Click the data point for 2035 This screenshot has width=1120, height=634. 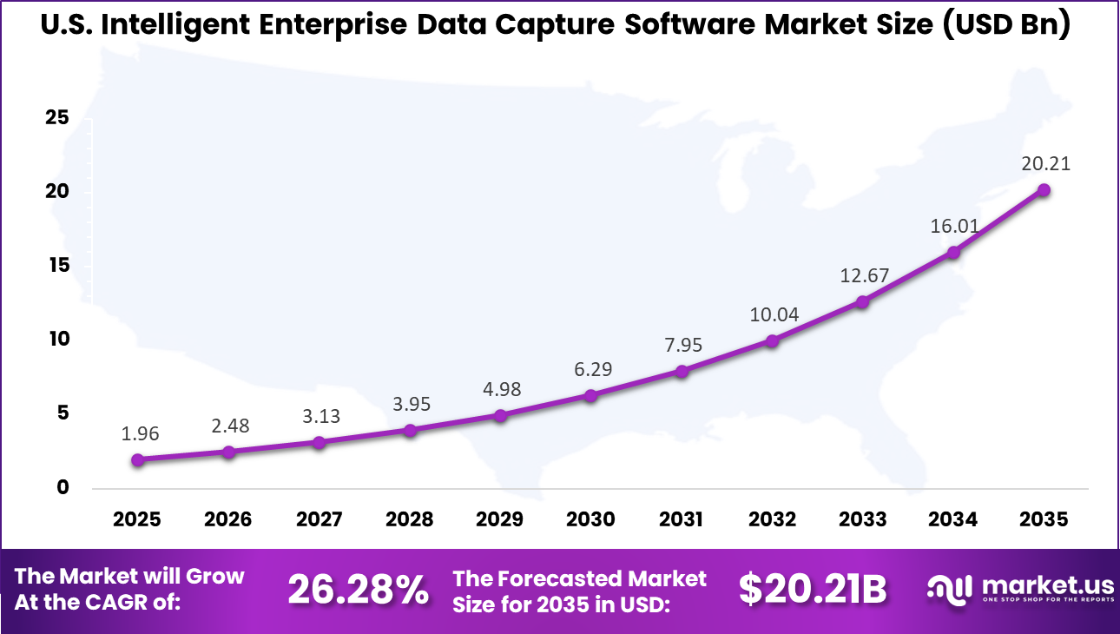click(x=1044, y=189)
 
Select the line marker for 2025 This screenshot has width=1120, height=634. click(x=138, y=459)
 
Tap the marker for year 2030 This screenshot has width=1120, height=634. click(x=590, y=395)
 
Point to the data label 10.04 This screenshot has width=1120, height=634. click(x=774, y=314)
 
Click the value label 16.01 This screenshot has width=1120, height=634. click(x=955, y=226)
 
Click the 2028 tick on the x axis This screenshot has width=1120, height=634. click(x=409, y=519)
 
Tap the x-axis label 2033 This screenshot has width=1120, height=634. click(x=862, y=519)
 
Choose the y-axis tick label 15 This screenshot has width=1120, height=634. click(x=57, y=265)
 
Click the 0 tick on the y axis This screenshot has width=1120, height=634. click(x=63, y=487)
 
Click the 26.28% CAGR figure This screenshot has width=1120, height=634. click(x=358, y=591)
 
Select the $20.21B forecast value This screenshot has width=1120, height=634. click(x=813, y=591)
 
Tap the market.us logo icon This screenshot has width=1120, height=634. click(x=950, y=590)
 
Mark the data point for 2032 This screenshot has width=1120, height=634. click(x=771, y=340)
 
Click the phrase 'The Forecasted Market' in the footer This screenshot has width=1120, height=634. click(x=580, y=578)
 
